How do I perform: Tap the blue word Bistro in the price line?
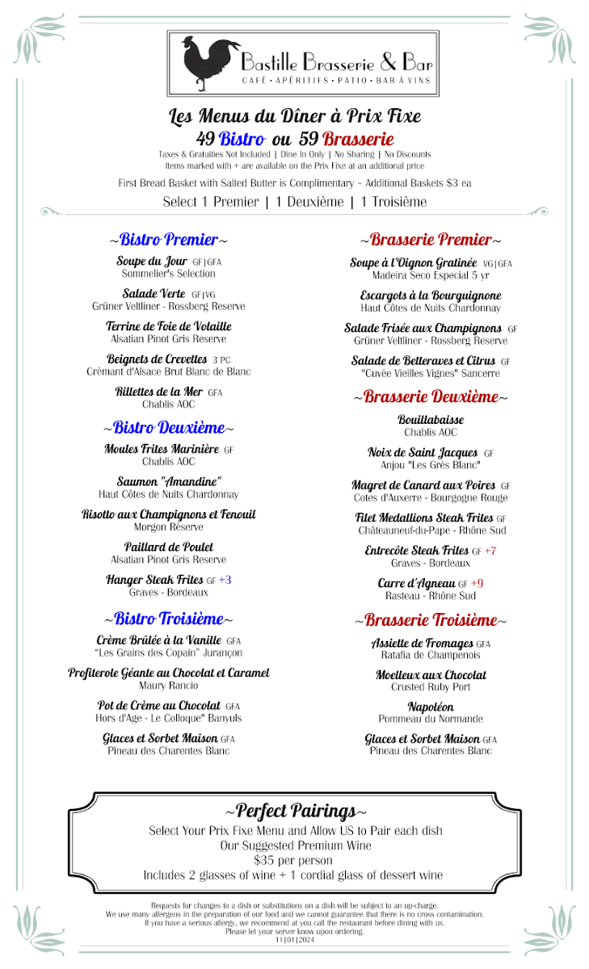242,138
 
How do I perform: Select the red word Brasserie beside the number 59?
358,138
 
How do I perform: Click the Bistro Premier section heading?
168,240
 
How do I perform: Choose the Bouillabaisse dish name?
431,420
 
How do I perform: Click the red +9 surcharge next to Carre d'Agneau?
477,583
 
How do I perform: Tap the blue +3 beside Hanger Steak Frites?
225,580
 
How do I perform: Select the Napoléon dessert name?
431,707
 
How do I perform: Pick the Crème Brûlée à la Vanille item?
158,640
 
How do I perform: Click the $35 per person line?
293,860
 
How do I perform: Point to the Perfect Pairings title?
295,811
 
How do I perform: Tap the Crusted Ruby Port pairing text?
431,687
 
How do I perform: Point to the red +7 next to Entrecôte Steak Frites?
490,551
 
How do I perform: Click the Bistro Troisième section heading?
168,619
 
